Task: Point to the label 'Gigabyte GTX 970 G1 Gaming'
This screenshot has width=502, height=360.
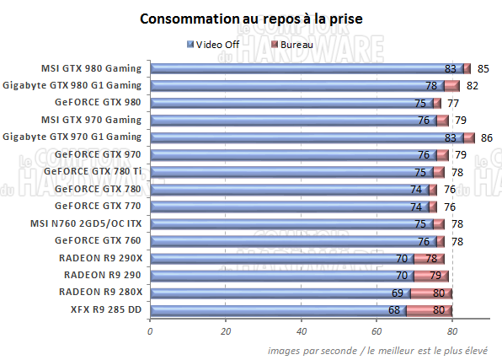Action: point(72,137)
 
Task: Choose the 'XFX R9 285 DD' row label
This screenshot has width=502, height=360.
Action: point(107,309)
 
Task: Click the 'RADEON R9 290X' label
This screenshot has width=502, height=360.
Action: point(102,257)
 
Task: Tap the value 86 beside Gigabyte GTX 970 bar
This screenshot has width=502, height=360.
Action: point(486,137)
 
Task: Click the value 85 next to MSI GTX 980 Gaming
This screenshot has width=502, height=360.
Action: point(483,68)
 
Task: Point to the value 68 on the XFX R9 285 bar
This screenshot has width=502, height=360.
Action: point(394,309)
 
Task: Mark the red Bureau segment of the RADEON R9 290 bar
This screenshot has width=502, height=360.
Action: point(430,275)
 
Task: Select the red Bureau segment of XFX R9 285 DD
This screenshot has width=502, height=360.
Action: point(430,309)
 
